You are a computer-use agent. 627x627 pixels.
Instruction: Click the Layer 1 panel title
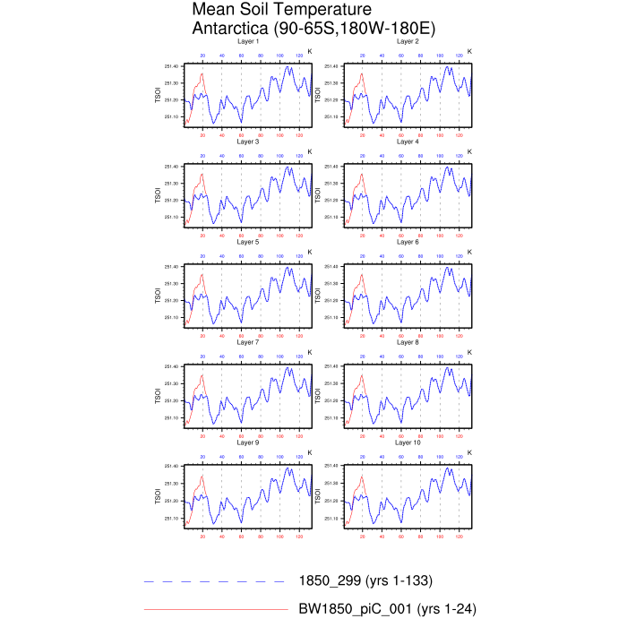248,41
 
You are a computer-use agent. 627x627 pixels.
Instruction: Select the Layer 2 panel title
408,41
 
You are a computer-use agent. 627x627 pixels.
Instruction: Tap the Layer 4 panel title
408,142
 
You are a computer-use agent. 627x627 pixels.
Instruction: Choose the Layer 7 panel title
248,342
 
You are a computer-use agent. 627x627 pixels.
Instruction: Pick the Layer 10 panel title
408,442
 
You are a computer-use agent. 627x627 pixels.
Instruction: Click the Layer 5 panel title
248,242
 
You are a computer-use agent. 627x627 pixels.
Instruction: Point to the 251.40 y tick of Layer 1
172,66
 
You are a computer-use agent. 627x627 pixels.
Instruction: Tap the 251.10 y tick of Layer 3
172,218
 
